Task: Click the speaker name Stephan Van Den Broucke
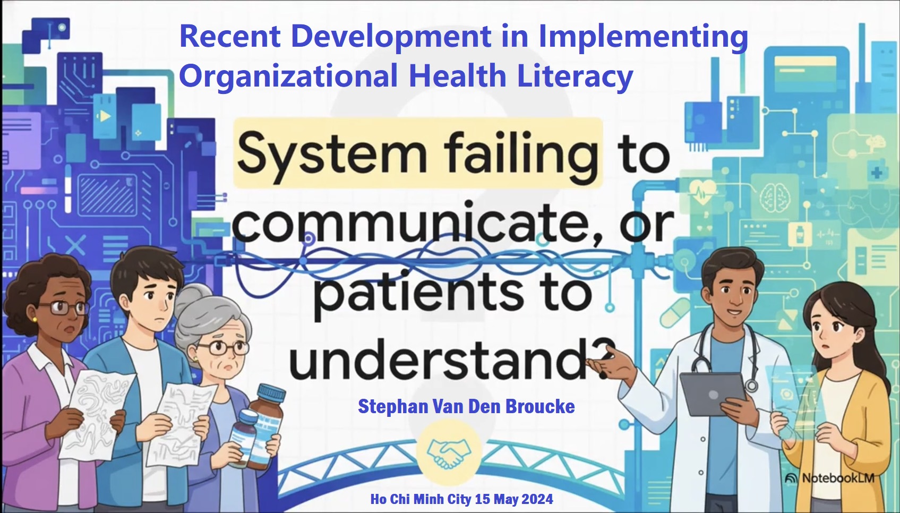coord(466,407)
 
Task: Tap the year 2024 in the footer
coord(537,499)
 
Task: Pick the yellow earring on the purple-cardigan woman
coord(35,320)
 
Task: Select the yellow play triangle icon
coord(105,116)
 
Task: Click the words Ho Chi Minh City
coord(421,499)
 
